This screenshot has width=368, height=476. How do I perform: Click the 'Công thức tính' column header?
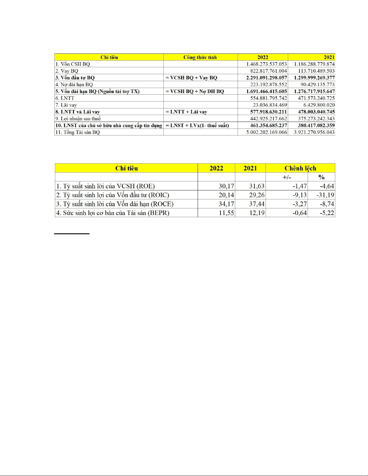click(x=200, y=57)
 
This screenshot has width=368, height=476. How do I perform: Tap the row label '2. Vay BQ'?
click(x=67, y=71)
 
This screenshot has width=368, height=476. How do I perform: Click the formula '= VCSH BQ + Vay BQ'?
click(x=191, y=78)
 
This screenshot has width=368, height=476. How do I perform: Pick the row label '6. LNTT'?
click(x=65, y=98)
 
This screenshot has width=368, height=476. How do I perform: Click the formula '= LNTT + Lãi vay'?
click(x=186, y=112)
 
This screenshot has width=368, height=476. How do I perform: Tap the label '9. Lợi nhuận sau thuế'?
click(x=78, y=119)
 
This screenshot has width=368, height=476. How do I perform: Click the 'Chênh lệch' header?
click(x=300, y=168)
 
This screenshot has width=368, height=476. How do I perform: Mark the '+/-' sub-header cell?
click(x=287, y=177)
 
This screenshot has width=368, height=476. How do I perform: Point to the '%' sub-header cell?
click(x=321, y=177)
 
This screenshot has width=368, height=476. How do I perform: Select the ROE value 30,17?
click(x=226, y=186)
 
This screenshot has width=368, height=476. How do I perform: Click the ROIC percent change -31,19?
click(x=325, y=195)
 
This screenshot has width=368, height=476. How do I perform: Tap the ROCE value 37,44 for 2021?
click(x=257, y=204)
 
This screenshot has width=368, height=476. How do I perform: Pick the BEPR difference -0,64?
click(x=300, y=213)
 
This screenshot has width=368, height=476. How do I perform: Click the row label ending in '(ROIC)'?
click(x=113, y=195)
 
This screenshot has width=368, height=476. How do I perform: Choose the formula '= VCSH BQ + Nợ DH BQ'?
click(x=195, y=91)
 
